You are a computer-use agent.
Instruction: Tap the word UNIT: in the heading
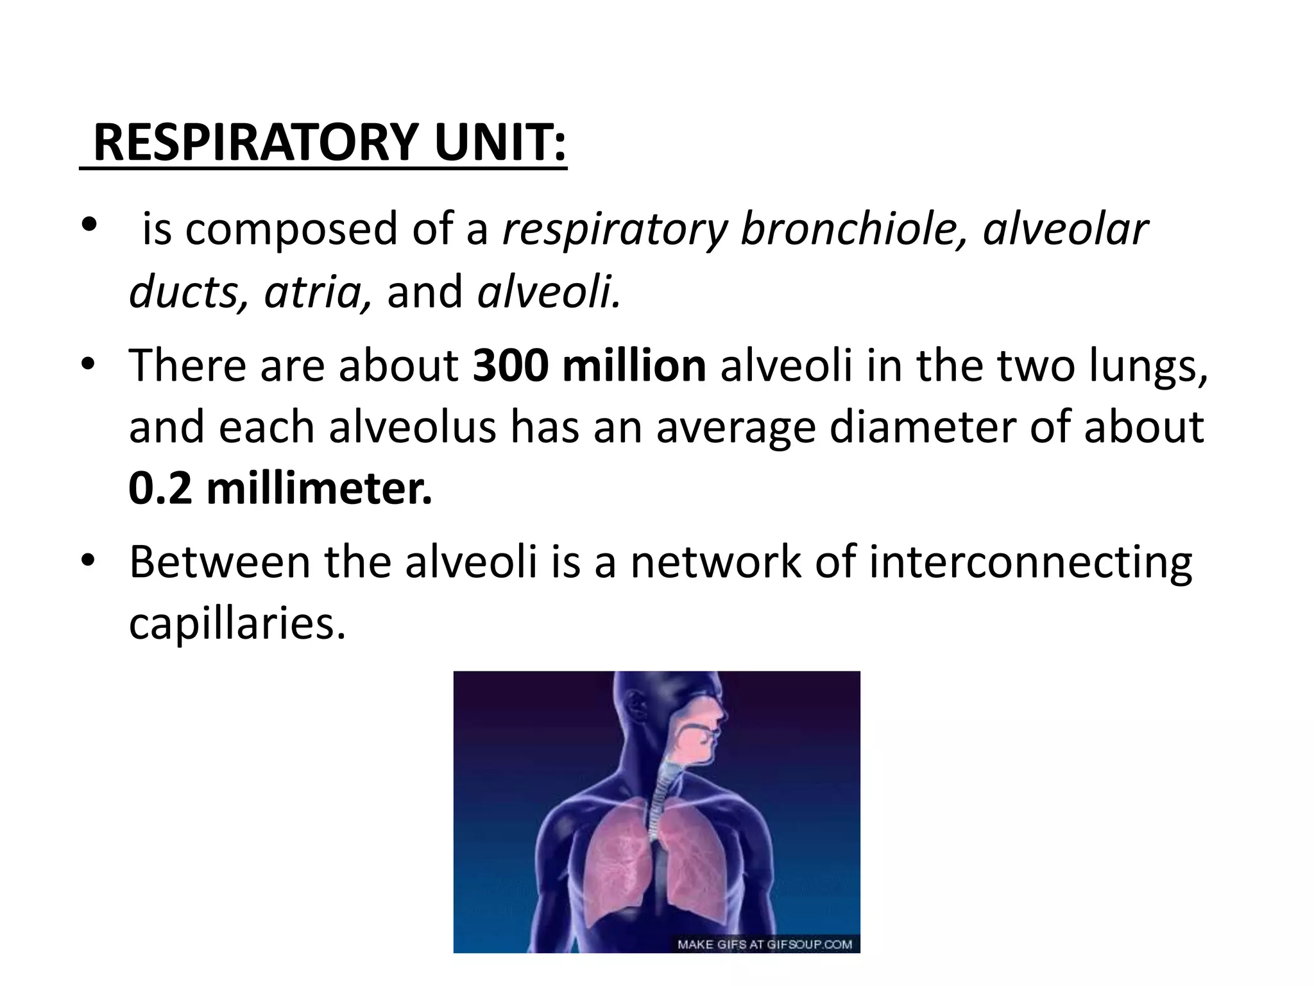[x=500, y=143]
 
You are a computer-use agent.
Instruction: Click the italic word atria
[x=318, y=292]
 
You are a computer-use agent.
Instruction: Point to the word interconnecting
[x=1030, y=562]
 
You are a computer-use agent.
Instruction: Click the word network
[x=715, y=562]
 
